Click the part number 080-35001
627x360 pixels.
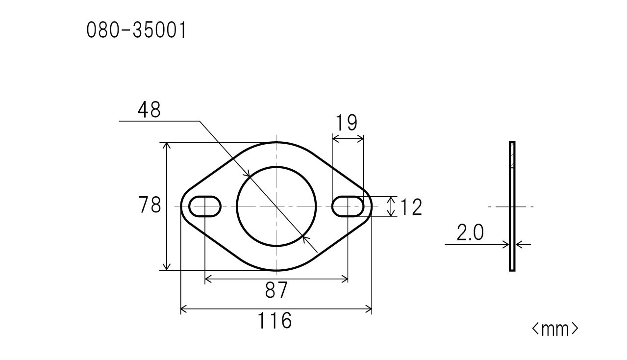(136, 31)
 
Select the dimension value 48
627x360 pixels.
(149, 110)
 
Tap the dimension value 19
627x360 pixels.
(347, 123)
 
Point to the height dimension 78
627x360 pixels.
(150, 206)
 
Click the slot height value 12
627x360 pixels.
(411, 207)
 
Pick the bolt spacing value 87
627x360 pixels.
(276, 291)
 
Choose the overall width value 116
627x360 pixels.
(275, 321)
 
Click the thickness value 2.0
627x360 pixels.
(470, 233)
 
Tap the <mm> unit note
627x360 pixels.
(555, 329)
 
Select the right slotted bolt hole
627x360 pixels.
(348, 206)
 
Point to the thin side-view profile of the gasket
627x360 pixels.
(512, 206)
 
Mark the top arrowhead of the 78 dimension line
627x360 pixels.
(167, 146)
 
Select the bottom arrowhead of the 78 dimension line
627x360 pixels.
(167, 267)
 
